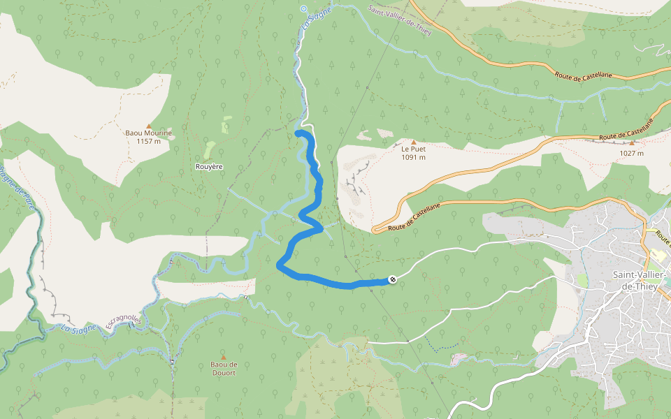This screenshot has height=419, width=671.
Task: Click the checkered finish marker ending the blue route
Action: pos(393,279)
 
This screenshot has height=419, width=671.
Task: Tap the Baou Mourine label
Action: pos(148,133)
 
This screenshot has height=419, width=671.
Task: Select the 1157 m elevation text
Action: pos(148,141)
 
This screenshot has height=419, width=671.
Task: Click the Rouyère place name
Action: pos(209,168)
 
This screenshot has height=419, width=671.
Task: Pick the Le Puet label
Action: pos(413,149)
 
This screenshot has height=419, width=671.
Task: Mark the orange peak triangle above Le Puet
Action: pos(413,142)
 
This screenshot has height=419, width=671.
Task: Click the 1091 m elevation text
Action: pos(413,157)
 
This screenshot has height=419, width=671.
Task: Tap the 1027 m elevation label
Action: pos(631,153)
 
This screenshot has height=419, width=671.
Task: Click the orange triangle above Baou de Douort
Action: pos(224,357)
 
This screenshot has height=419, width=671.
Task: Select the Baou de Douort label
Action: pos(224,368)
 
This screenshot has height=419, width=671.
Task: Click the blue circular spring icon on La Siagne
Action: pos(303,8)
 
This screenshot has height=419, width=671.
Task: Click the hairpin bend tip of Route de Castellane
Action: pos(374,229)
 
